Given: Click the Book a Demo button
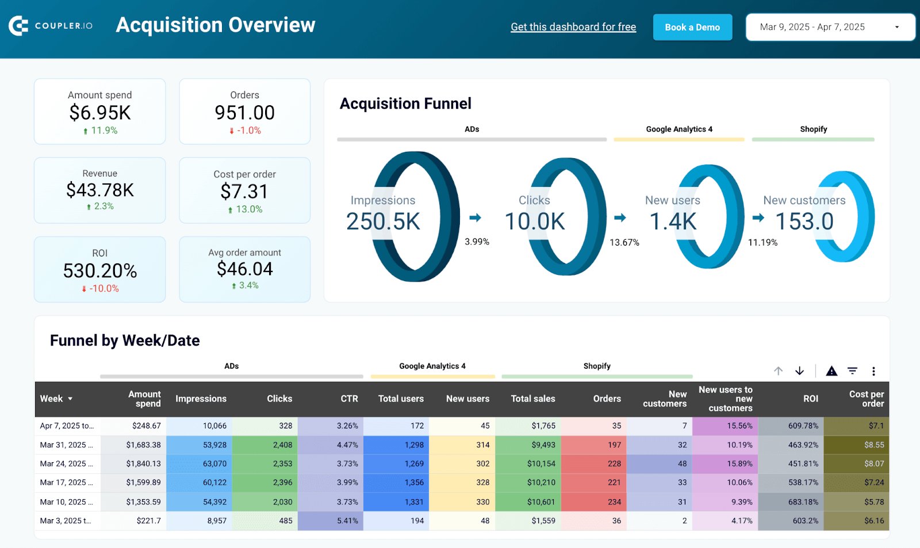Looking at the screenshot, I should [x=692, y=28].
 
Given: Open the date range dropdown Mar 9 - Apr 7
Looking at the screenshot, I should [x=830, y=27].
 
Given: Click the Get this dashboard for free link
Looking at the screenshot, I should [x=573, y=27].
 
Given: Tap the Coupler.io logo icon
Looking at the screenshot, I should [x=18, y=26].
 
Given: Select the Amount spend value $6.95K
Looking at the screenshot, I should [x=100, y=113].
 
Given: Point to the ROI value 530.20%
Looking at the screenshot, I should [x=100, y=271].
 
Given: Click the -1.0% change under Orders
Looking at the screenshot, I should [x=246, y=131].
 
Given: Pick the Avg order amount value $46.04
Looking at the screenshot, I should [x=245, y=269].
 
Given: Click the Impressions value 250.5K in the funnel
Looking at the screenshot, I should [x=383, y=221].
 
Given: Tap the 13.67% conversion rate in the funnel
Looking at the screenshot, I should [x=624, y=242].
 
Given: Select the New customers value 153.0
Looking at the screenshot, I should [x=804, y=221].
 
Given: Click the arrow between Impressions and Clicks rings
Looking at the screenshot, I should [x=475, y=217].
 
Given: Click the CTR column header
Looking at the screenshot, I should [x=349, y=398].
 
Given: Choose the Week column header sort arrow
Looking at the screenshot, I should [x=70, y=398].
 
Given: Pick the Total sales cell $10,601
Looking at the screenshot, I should [x=540, y=501].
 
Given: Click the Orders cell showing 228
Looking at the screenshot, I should [x=614, y=463].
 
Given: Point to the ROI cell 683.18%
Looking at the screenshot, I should [x=803, y=501].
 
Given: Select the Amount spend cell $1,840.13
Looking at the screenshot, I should [x=143, y=463].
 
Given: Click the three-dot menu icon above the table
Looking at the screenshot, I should [x=873, y=371].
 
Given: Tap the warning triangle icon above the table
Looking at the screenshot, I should [x=831, y=371].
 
